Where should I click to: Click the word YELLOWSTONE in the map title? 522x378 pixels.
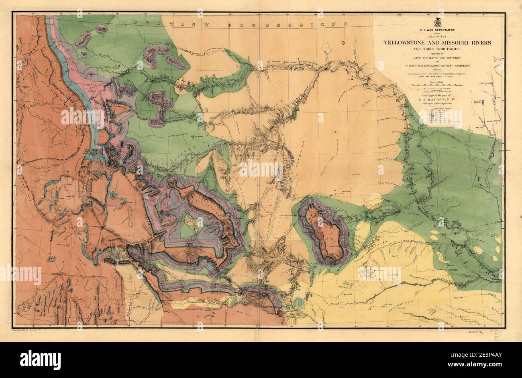[407, 43]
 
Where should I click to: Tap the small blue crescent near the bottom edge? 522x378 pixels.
[298, 303]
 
